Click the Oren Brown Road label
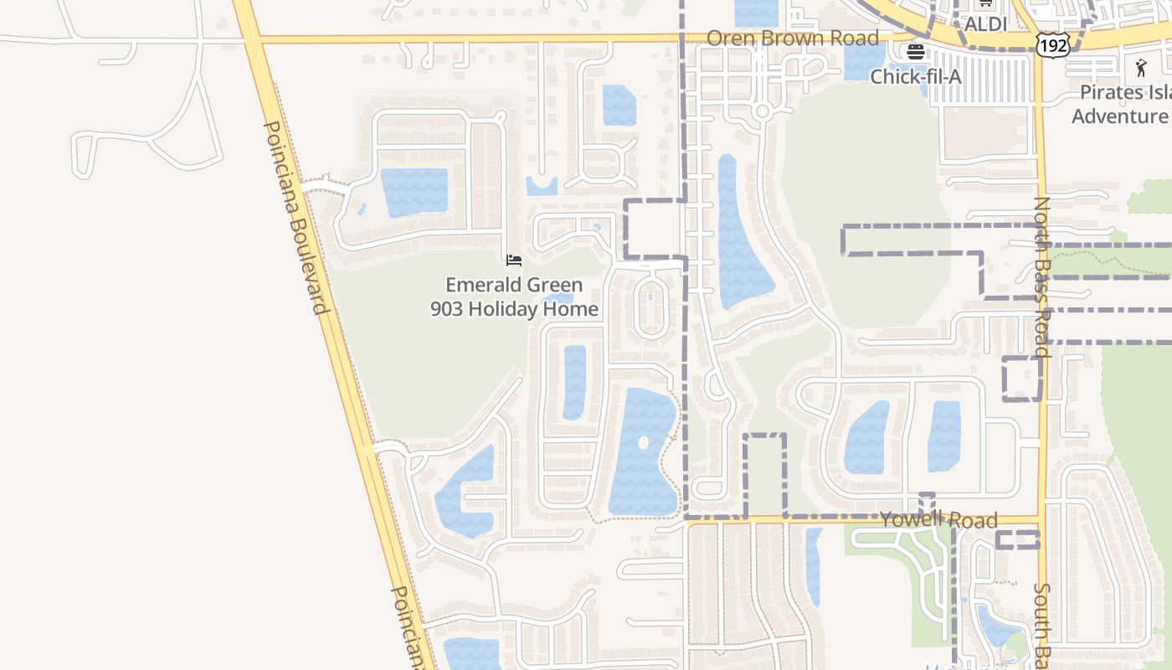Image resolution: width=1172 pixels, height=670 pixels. click(793, 39)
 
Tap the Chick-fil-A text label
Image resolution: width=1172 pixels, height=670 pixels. click(916, 77)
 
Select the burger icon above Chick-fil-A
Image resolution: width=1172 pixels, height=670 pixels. click(915, 52)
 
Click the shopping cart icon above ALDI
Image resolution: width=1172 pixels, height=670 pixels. click(985, 4)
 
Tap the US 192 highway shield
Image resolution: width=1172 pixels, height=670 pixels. click(1052, 45)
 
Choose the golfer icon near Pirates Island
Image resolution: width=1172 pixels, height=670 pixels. click(1141, 68)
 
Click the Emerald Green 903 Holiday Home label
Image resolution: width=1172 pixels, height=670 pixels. click(514, 297)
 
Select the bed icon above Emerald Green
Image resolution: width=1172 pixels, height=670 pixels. click(514, 260)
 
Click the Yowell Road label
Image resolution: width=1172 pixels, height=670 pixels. click(938, 521)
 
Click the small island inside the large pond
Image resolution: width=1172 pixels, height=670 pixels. click(643, 443)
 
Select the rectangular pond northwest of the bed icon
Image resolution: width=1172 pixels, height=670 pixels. click(414, 192)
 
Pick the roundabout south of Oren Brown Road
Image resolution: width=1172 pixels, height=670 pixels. click(761, 111)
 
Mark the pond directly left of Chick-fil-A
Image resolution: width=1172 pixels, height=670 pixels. click(865, 61)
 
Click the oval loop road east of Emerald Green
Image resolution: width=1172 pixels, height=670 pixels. click(650, 308)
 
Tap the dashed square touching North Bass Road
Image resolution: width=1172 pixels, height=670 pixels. click(1022, 379)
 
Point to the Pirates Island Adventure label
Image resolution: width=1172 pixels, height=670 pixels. click(1122, 105)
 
